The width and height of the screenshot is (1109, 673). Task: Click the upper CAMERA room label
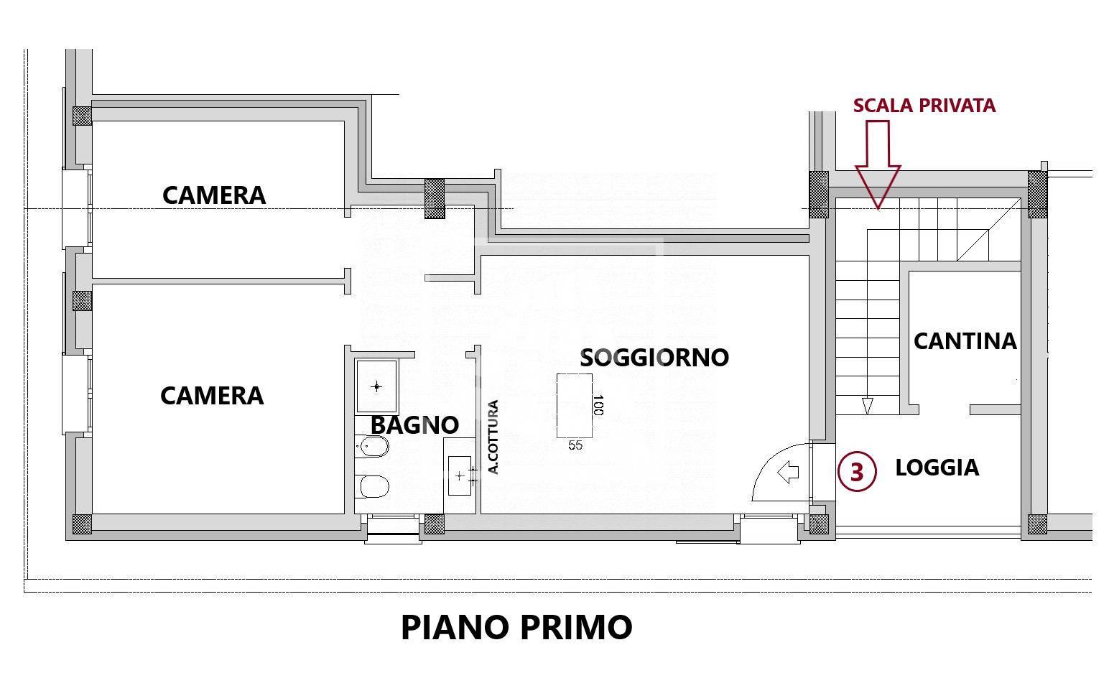(214, 195)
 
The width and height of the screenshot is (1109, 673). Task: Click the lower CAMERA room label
(212, 396)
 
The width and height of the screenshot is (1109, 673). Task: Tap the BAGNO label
(414, 425)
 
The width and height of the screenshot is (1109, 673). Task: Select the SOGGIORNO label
(654, 357)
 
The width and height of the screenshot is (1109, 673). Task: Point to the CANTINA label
(965, 341)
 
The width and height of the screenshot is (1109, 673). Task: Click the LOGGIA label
(937, 468)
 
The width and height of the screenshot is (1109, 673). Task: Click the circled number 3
(857, 473)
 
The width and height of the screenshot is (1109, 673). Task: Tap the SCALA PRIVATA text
(924, 106)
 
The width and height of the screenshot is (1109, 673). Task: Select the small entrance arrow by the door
(789, 473)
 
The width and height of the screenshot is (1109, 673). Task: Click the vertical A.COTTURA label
(493, 437)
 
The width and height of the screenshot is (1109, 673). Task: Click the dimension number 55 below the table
(575, 445)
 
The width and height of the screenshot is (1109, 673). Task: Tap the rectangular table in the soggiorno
(575, 405)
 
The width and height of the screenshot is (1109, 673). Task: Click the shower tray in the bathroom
(377, 386)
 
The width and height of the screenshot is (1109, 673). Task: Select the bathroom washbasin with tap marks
(460, 475)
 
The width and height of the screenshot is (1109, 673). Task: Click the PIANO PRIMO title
(516, 627)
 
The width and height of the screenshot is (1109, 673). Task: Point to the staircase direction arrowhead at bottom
(867, 407)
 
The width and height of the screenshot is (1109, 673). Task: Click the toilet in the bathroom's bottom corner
(373, 486)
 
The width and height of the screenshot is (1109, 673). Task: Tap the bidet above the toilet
(373, 449)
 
